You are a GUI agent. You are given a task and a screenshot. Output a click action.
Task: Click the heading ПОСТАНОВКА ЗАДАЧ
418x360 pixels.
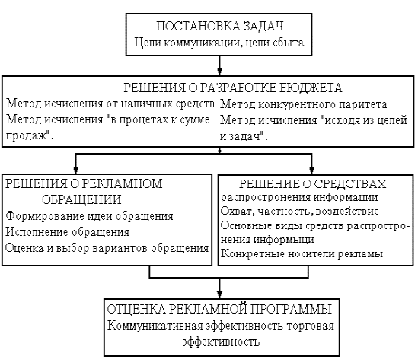[x=220, y=26]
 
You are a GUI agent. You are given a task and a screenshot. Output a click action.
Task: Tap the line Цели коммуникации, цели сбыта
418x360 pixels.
[x=219, y=43]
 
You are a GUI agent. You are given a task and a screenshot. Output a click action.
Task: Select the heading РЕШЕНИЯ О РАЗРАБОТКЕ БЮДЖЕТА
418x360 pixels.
[x=233, y=88]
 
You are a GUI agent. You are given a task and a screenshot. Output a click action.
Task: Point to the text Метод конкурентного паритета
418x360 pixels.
[x=304, y=104]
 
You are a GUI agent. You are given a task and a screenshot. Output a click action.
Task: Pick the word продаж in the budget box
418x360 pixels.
[x=27, y=136]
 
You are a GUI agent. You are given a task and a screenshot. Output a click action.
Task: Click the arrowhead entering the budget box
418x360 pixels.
[x=219, y=71]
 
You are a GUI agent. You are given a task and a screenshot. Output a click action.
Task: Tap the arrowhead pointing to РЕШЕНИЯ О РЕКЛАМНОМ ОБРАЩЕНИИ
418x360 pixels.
[x=75, y=170]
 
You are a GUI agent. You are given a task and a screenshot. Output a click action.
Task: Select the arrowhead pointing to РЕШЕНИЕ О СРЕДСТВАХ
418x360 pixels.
[x=311, y=170]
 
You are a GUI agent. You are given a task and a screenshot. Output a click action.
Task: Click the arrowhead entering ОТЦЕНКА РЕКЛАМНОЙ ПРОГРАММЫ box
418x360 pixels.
[x=219, y=294]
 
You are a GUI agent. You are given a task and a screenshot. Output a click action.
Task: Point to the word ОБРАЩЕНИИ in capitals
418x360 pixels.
[x=81, y=199]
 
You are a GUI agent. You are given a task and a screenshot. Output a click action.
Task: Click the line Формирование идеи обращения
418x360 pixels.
[x=89, y=216]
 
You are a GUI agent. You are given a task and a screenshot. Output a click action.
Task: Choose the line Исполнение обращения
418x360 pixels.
[x=68, y=232]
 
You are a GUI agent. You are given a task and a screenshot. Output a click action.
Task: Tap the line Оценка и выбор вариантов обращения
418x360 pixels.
[x=107, y=248]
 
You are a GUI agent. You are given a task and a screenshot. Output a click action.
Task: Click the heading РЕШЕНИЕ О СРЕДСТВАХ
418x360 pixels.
[x=312, y=184]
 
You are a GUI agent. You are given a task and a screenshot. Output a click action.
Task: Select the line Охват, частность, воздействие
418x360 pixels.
[x=300, y=211]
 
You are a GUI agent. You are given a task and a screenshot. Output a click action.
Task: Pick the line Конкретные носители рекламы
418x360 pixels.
[x=302, y=253]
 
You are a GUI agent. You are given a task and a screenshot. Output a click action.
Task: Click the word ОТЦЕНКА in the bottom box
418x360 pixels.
[x=136, y=309]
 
